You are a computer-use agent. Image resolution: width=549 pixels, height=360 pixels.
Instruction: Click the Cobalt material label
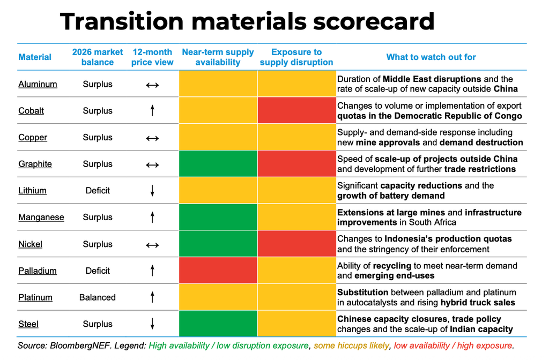pos(31,111)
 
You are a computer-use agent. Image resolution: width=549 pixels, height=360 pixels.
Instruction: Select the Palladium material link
pos(38,271)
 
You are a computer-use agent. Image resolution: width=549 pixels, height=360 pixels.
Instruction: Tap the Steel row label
pos(28,324)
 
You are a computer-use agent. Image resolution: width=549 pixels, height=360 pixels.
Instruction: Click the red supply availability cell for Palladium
pos(218,271)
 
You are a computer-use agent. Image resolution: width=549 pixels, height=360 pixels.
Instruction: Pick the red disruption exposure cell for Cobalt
pos(296,110)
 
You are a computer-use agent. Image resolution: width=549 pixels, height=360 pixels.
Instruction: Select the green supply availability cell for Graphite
pos(218,164)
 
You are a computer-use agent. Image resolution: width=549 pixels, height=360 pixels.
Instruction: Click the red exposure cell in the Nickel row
pos(296,244)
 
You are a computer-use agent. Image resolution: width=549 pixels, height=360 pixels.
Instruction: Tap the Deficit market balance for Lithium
pos(98,191)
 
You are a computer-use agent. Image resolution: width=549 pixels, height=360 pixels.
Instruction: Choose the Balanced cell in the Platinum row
pos(98,297)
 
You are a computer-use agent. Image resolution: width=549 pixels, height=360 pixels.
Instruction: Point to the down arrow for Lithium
pos(152,191)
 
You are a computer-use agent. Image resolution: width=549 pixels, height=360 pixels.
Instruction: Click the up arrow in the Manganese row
pos(152,217)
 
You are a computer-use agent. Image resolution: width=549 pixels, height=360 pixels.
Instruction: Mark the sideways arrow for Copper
pos(152,138)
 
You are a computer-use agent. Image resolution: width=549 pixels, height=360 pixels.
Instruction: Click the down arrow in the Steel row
pos(152,324)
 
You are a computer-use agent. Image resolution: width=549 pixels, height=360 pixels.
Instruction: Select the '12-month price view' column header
pos(152,57)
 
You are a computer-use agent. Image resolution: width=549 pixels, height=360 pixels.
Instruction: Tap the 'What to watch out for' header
pos(431,57)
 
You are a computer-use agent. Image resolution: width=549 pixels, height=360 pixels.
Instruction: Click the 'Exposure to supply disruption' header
pos(296,57)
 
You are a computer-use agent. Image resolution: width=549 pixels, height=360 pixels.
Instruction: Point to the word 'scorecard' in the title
pos(374,21)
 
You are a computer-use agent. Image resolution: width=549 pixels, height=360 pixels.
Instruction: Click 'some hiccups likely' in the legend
pos(351,346)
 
